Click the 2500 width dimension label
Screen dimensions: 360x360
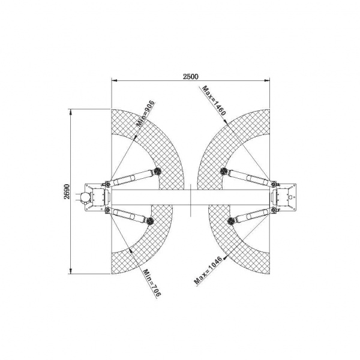[190, 76]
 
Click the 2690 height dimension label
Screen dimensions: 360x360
[67, 191]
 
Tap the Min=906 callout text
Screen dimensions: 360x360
[146, 113]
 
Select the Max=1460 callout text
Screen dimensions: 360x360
[214, 100]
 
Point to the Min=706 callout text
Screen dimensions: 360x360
[152, 283]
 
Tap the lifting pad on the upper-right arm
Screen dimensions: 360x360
[224, 170]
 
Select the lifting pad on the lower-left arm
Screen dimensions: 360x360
[149, 221]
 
